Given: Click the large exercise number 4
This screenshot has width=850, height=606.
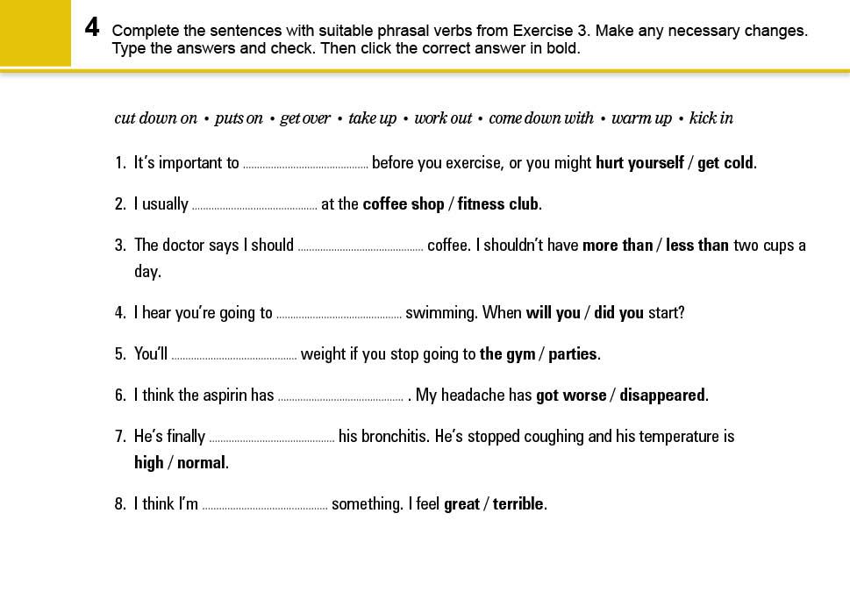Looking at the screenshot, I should coord(92,28).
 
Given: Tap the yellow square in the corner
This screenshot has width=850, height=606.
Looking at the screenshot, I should coord(35,33).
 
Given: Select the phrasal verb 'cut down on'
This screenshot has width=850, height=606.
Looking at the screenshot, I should coord(155,118).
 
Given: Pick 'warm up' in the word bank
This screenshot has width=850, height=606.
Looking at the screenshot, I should coord(641,118).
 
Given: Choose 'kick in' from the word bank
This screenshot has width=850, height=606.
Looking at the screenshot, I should coord(711,118).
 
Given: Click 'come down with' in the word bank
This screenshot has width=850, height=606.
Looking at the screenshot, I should coord(541,118).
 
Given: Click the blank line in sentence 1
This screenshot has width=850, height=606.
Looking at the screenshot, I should coord(305,165).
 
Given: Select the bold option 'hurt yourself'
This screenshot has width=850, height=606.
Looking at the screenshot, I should coord(639,163).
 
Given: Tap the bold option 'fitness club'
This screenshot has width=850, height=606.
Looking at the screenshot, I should coord(498,204).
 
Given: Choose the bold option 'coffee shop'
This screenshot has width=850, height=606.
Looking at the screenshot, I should coord(404,204).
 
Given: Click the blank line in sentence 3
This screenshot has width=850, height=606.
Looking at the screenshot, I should coord(361,247).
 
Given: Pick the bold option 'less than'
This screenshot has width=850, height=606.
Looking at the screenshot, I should coord(697,246).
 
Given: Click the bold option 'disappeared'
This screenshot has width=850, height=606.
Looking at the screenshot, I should coord(662,396).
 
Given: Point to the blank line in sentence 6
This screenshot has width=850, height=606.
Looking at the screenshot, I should coord(340,398).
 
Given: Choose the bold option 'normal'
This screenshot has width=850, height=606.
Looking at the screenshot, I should coord(202,462).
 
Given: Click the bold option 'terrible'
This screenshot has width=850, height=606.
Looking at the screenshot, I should coord(518,504).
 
